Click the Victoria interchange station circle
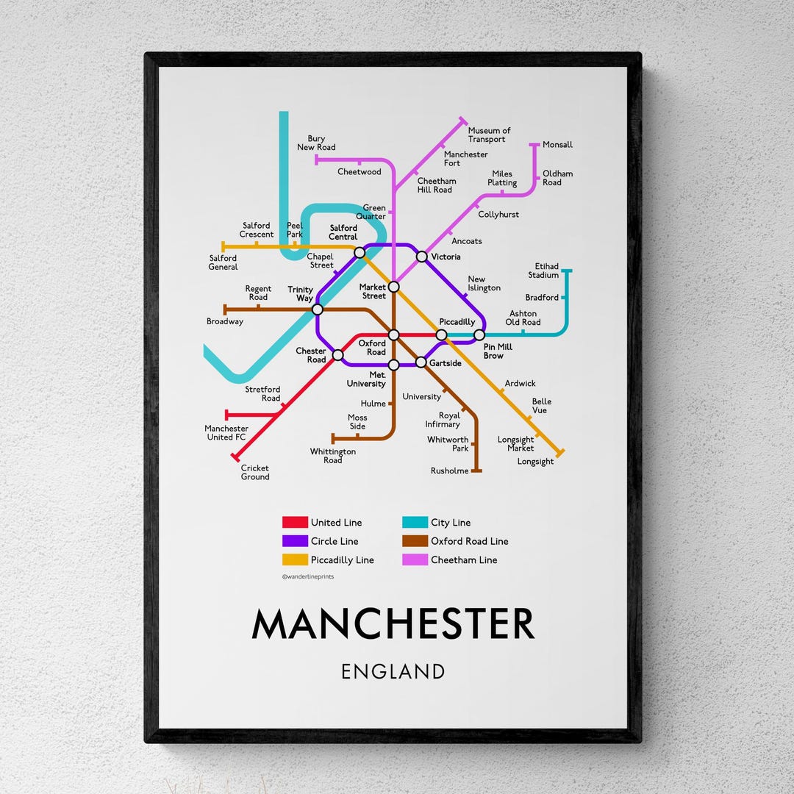coord(421,257)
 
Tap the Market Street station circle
coord(393,287)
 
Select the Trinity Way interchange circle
coord(318,310)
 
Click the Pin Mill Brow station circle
coord(479,335)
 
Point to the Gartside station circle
coord(421,362)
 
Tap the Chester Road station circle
coord(337,355)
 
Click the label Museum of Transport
coord(489,135)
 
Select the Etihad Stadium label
coord(543,271)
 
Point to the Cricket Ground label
coord(255,473)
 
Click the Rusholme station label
coord(449,471)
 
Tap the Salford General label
coord(223,262)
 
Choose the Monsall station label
coord(557,145)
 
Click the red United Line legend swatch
coord(295,523)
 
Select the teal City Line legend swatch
coord(415,523)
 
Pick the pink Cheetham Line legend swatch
coord(415,560)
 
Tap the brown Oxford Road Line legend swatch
coord(415,541)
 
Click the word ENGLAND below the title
coord(393,671)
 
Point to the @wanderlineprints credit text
coord(307,577)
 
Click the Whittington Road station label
coord(332,456)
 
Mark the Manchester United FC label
coord(226,433)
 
